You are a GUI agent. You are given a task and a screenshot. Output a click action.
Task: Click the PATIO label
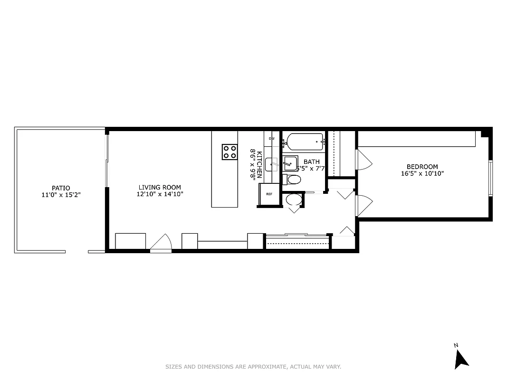(x=61, y=188)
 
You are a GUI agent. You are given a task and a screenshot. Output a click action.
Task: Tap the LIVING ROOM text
(x=160, y=187)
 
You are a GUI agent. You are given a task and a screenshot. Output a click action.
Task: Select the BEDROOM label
(x=422, y=166)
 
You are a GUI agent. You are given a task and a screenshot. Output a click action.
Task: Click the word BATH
(x=312, y=162)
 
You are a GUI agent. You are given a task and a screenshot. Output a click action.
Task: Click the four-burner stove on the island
(x=230, y=152)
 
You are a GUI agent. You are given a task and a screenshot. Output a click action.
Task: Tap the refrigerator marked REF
(x=269, y=194)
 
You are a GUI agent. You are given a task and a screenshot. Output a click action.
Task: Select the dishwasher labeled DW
(x=272, y=138)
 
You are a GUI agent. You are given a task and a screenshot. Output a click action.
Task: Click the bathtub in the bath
(x=305, y=141)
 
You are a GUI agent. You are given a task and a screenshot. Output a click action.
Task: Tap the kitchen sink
(x=273, y=164)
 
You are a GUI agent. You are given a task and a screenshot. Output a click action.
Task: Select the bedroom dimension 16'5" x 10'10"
(x=422, y=173)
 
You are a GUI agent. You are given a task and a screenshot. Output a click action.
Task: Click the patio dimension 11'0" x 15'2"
(x=61, y=195)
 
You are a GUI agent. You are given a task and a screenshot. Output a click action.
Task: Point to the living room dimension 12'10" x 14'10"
(x=160, y=194)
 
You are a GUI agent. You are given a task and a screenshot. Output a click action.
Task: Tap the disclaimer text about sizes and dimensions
(x=253, y=367)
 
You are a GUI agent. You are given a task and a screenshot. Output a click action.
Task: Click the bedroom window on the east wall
(x=490, y=178)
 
